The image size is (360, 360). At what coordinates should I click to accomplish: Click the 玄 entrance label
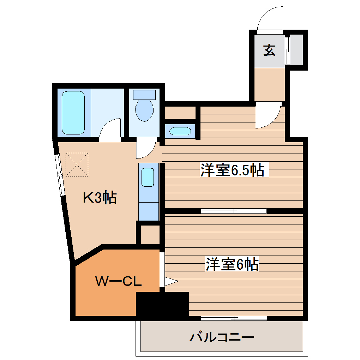point(269,50)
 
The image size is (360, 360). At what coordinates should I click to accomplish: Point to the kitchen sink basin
point(148,177)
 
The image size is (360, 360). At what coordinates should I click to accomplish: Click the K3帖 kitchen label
point(100,198)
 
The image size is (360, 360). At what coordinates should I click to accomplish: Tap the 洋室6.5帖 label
point(232,170)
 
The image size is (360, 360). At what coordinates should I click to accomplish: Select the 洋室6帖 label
point(232,264)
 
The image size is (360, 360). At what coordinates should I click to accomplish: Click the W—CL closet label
point(119,281)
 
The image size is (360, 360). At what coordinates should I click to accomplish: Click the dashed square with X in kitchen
point(77,164)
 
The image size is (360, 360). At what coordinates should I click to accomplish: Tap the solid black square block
point(162,304)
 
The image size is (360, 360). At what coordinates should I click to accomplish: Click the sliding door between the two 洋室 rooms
point(234,211)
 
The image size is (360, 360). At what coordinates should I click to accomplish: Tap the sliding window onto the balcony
point(234,318)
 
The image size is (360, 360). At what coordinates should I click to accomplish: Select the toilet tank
point(144,94)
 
